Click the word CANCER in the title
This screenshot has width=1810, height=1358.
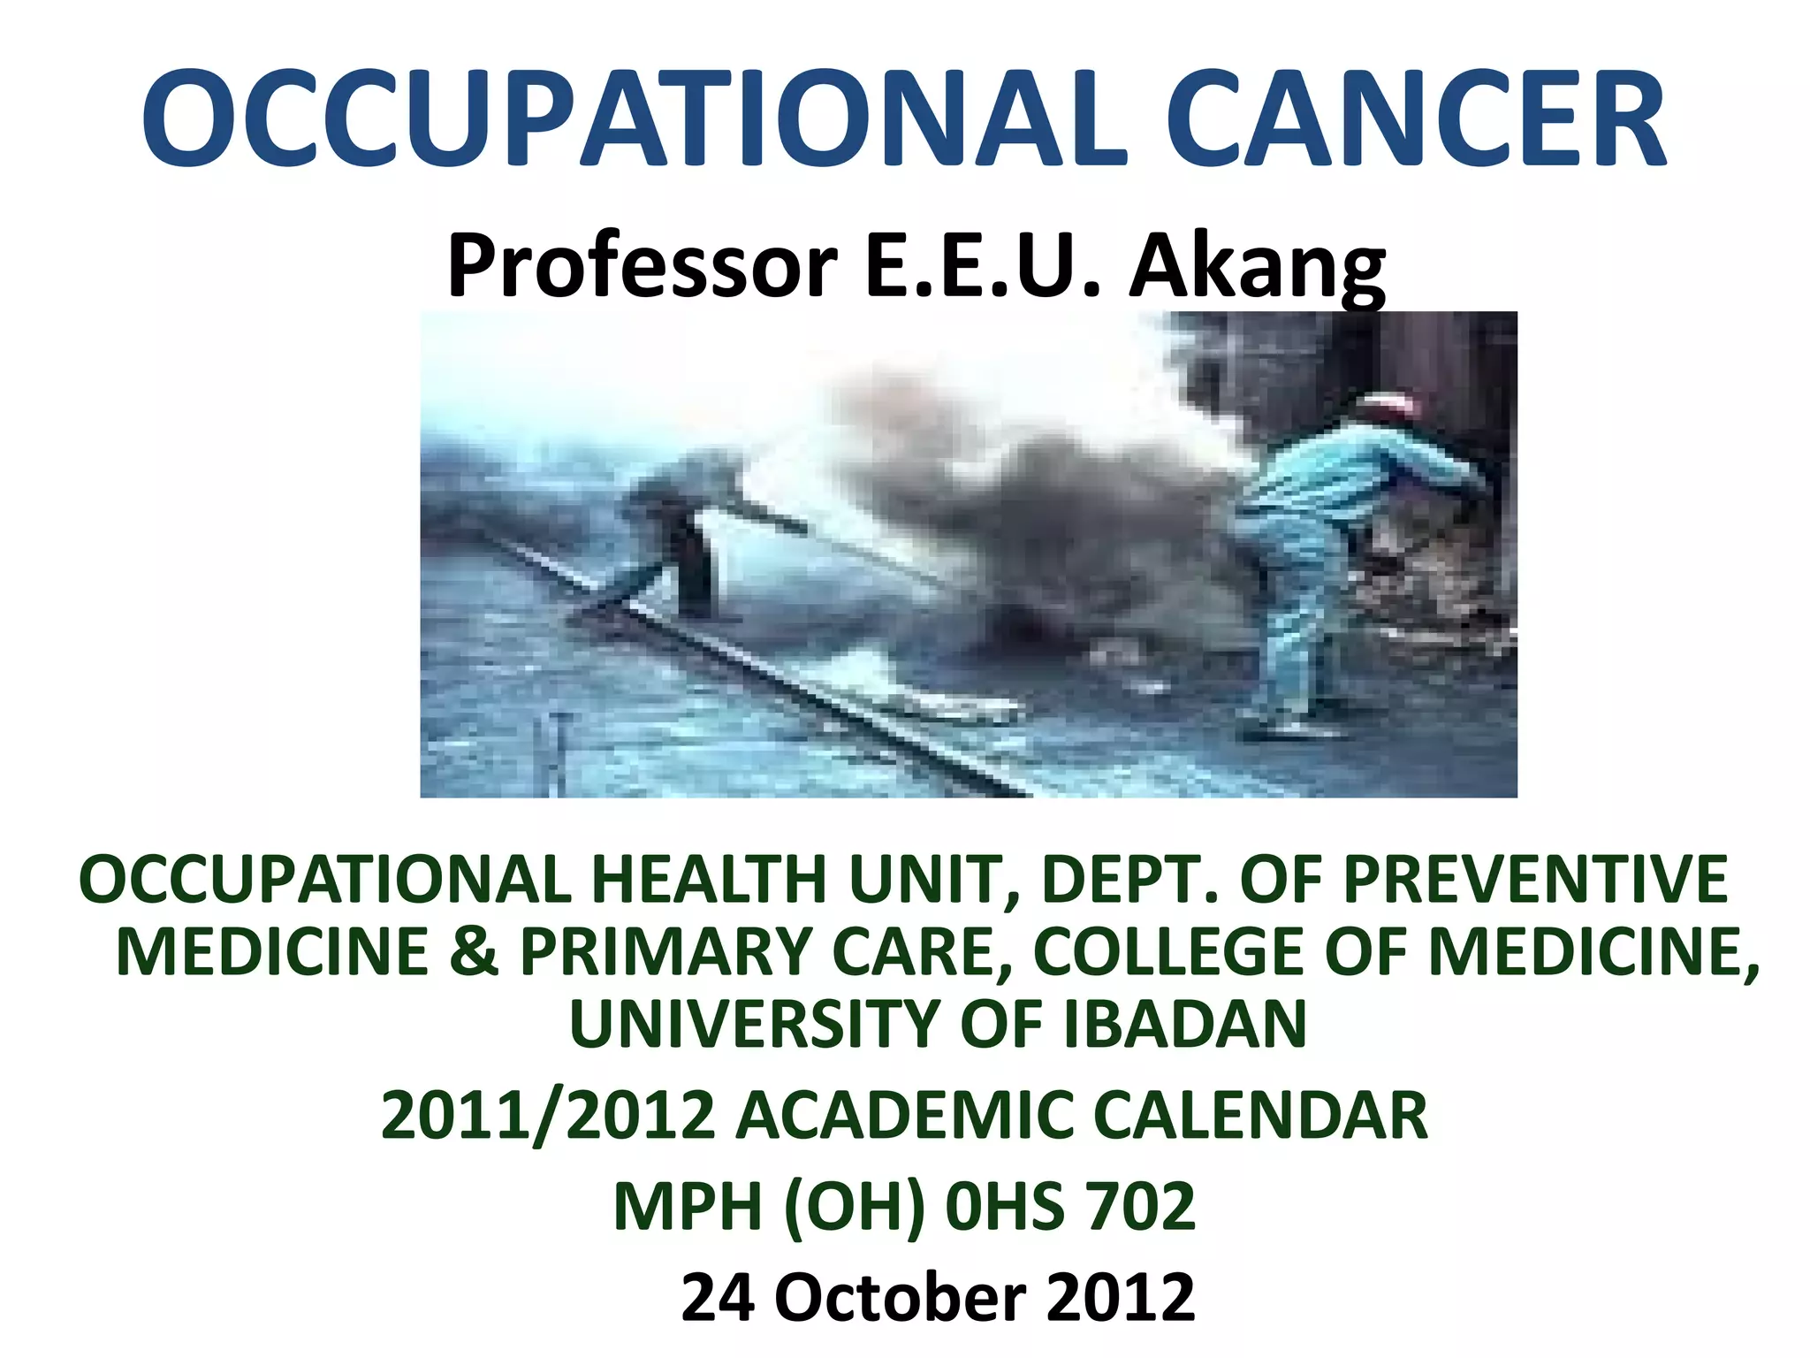tap(1418, 120)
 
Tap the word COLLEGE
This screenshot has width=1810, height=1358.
tap(1167, 952)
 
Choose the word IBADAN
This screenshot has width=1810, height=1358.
tap(1184, 1024)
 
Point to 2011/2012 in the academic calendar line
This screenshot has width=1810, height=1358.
tap(548, 1116)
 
